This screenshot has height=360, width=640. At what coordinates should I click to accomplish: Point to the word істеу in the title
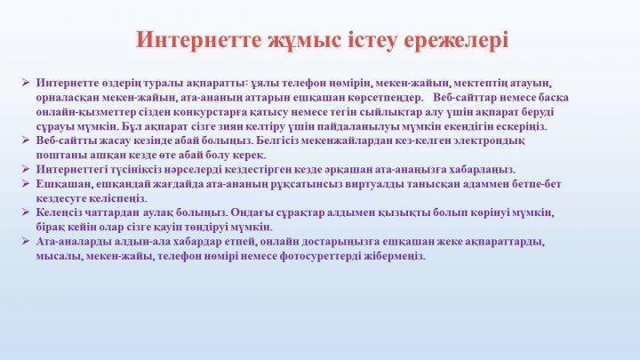(x=372, y=40)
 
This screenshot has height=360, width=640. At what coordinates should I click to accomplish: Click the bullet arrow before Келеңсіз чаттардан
(x=26, y=212)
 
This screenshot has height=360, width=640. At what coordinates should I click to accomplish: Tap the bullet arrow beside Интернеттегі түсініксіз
(x=26, y=169)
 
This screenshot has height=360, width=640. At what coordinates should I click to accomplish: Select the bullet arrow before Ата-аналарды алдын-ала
(x=26, y=241)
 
